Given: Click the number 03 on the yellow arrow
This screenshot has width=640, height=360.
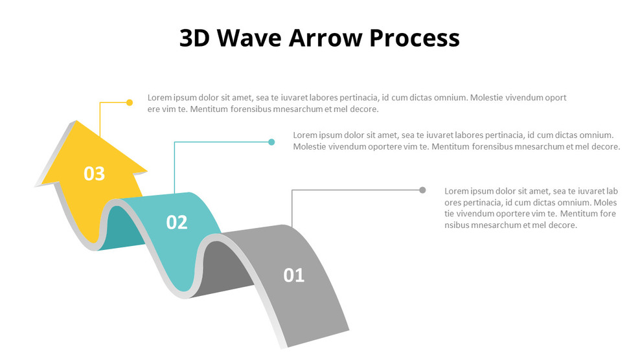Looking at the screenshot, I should (94, 174).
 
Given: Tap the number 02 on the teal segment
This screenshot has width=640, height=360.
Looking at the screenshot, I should (176, 222).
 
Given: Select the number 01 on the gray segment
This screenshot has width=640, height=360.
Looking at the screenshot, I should (293, 275).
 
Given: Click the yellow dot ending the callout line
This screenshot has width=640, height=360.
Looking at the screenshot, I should (130, 102).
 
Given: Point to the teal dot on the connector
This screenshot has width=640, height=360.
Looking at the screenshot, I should (271, 142).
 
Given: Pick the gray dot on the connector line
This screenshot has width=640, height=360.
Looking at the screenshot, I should (422, 190).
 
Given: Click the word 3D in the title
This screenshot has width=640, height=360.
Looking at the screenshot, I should (194, 38).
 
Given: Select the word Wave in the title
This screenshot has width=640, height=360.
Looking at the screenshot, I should (249, 38).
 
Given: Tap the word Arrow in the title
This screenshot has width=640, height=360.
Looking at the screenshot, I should (326, 38).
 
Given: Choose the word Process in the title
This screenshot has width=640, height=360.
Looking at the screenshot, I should (415, 38).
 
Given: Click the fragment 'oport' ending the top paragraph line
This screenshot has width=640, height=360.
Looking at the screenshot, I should (556, 98).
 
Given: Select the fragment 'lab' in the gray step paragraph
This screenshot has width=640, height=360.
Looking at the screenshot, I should (611, 191).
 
